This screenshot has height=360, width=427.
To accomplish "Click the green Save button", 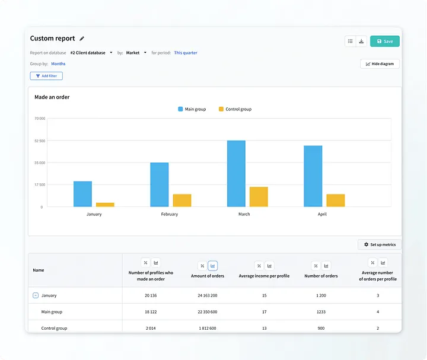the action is [384, 41].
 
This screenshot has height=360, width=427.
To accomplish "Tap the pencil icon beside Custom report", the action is [82, 39].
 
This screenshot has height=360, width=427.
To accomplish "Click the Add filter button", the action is [46, 76].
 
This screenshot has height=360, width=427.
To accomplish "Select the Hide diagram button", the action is [380, 63].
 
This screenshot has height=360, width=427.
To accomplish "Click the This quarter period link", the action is [186, 53].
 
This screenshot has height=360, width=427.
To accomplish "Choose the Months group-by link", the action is [58, 63].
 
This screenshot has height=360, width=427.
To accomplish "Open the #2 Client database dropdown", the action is [91, 53].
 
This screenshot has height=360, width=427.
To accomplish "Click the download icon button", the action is [361, 41].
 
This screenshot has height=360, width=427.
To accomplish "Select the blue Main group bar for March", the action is [236, 173].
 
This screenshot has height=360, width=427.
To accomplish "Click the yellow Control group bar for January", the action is [105, 205].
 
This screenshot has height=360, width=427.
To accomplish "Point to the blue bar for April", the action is [313, 176].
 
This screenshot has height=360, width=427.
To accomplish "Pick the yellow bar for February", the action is [182, 200].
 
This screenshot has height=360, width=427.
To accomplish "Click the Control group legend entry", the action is [235, 109].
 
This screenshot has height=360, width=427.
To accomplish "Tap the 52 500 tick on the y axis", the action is [40, 141].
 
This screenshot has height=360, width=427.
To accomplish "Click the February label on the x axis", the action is [170, 214].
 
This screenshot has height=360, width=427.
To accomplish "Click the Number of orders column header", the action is [321, 276].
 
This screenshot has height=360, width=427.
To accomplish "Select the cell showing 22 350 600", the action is [208, 312].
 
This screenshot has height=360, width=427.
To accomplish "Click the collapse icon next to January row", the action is [36, 295].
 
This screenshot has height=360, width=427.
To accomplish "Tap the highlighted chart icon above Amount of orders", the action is [213, 266].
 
